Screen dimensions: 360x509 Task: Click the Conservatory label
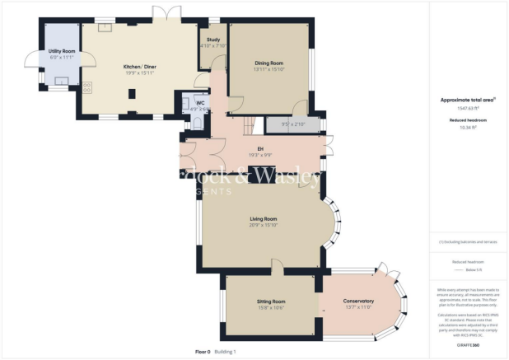point(358,301)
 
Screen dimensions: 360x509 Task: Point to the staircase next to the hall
point(247,124)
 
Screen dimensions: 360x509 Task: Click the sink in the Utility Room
point(61,82)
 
